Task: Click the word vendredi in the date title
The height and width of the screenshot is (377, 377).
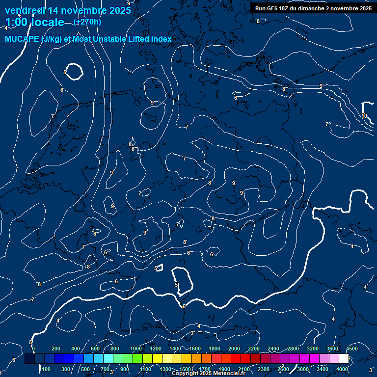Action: pos(25,10)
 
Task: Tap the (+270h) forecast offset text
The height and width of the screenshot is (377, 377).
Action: pos(87,22)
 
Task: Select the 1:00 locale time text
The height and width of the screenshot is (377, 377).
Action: pos(34,22)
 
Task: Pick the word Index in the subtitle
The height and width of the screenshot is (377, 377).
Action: pos(161,39)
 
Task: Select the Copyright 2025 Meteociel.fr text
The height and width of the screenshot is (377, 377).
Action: pos(209,374)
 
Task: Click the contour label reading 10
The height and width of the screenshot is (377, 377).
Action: pos(364,116)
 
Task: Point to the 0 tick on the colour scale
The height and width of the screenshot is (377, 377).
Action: pos(33,349)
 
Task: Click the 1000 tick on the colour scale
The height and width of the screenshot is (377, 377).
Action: pos(136,349)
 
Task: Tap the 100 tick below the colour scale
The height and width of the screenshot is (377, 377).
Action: pos(47,369)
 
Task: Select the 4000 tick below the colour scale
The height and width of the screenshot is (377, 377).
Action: pos(342,369)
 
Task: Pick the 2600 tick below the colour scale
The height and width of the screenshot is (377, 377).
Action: pos(283,369)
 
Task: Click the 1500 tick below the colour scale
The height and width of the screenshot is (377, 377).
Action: pos(185,369)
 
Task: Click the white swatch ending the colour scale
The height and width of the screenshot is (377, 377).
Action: pos(344,359)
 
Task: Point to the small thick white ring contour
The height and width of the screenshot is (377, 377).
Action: pos(75,72)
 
